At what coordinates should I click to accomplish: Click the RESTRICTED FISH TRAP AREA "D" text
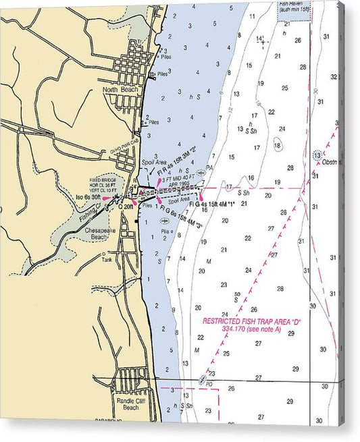[x=251, y=321]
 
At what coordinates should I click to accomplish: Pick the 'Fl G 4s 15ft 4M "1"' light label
[x=211, y=203]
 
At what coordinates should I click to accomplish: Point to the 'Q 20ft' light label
[x=126, y=207]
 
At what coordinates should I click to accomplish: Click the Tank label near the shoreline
[x=107, y=259]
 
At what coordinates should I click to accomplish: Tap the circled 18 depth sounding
[x=277, y=144]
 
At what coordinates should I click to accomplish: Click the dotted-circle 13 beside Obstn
[x=317, y=156]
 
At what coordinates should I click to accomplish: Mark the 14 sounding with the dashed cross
[x=260, y=39]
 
